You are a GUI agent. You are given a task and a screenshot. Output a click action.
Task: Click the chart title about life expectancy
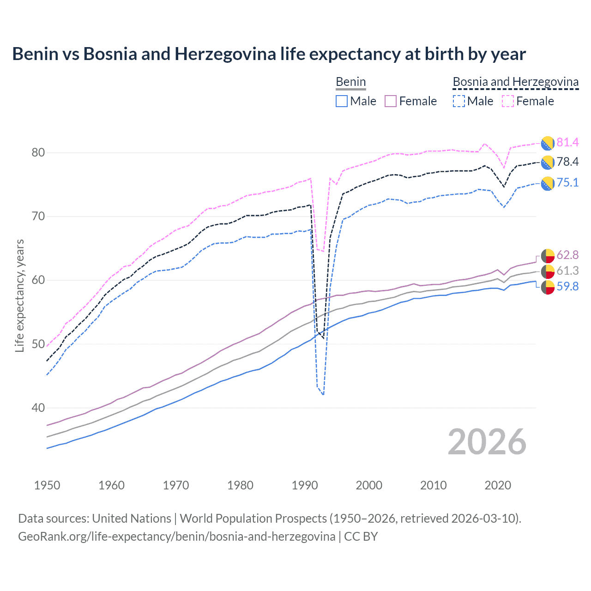pos(269,54)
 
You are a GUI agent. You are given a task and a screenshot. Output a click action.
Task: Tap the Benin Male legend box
pos(342,101)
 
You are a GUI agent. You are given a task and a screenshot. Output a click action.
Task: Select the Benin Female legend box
pos(391,101)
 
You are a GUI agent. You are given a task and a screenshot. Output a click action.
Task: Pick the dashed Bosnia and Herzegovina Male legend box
pos(458,101)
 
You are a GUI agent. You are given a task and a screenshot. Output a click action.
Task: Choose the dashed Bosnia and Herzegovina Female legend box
pos(508,101)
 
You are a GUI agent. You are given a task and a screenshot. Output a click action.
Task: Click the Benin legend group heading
pos(350,82)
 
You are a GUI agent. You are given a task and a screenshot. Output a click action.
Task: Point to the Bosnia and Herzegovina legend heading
pos(515,82)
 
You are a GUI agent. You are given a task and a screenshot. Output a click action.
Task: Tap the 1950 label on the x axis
pos(47,485)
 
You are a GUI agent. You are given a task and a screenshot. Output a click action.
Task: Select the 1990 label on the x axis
pos(305,485)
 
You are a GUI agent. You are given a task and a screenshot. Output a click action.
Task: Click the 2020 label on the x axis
pos(498,485)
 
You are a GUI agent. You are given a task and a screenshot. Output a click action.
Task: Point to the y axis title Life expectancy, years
pos(19,295)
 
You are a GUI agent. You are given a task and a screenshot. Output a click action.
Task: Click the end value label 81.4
pos(567,142)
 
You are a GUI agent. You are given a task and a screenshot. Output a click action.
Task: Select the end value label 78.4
pos(567,162)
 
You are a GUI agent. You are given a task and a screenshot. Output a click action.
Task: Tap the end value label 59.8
pos(567,286)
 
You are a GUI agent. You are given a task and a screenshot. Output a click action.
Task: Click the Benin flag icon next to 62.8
pos(548,255)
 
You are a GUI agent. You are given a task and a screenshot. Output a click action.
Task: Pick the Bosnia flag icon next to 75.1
pos(548,183)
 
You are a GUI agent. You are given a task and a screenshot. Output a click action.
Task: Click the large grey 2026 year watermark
pos(487,442)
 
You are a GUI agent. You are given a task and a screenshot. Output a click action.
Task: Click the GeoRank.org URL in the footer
pos(176,537)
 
